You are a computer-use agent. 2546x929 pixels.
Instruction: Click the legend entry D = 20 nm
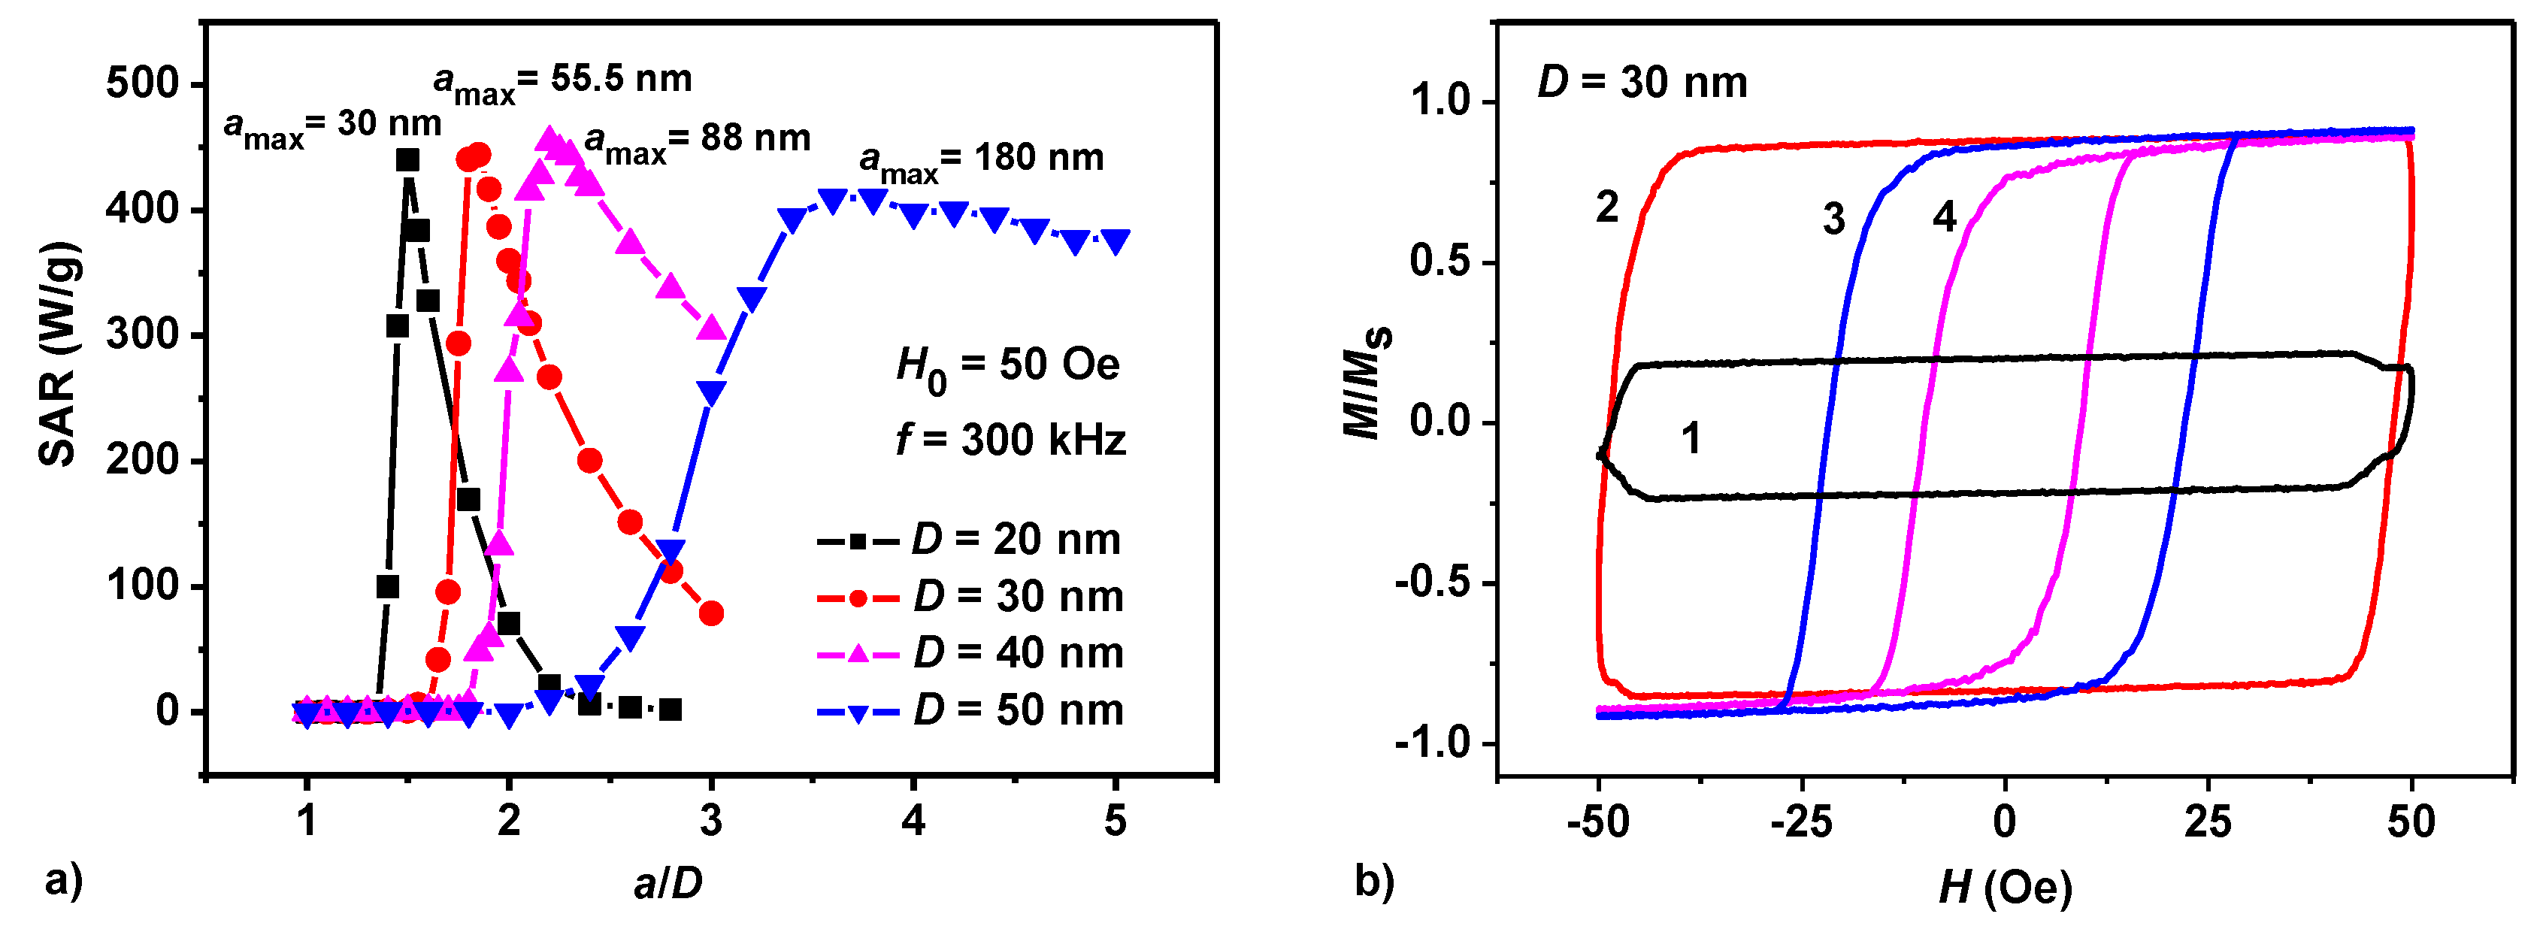[x=969, y=540]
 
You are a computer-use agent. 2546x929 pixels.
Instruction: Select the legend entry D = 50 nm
[x=969, y=710]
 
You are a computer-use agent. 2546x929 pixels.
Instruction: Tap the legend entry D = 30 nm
[x=969, y=597]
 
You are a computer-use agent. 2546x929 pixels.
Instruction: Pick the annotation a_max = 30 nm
[x=332, y=126]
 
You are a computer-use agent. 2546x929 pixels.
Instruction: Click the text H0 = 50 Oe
[x=1007, y=367]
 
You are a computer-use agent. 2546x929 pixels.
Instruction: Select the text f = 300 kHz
[x=1010, y=440]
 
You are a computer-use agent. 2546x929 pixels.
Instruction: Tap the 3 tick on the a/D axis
[x=710, y=820]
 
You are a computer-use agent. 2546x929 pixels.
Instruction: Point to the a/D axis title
[x=668, y=882]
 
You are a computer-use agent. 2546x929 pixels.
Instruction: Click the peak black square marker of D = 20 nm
[x=407, y=160]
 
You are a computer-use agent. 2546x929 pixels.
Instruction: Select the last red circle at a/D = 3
[x=710, y=614]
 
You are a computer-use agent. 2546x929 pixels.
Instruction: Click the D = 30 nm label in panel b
[x=1642, y=82]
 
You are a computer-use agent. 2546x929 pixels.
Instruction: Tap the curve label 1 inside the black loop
[x=1691, y=437]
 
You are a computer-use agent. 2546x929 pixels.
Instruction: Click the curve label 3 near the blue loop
[x=1833, y=219]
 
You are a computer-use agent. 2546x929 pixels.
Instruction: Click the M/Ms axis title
[x=1368, y=380]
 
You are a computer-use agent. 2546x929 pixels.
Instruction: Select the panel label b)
[x=1374, y=879]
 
